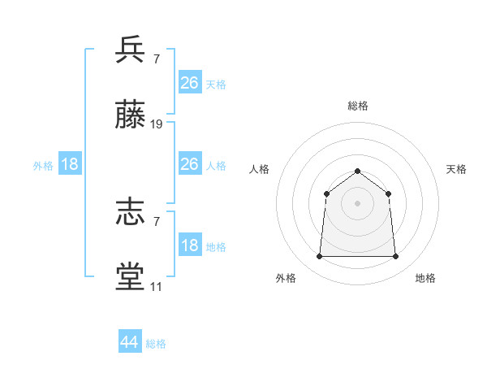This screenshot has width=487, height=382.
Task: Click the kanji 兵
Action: tap(131, 50)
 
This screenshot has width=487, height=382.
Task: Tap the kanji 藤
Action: tap(131, 117)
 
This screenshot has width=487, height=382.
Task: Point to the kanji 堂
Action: tap(131, 276)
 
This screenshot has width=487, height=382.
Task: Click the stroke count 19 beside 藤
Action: tap(157, 124)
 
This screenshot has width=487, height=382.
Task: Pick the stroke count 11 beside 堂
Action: tap(156, 287)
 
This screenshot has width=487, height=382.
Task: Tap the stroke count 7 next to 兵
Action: tap(156, 59)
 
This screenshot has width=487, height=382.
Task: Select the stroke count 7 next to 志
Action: tap(156, 222)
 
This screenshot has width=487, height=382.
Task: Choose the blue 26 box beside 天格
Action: tap(190, 83)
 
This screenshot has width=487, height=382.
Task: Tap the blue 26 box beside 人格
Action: tap(190, 164)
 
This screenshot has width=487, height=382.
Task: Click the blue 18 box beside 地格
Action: tap(190, 245)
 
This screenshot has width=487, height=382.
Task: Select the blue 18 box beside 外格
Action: tap(70, 164)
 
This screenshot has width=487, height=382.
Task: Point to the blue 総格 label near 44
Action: tap(156, 344)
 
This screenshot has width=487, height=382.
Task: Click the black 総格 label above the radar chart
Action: tap(357, 106)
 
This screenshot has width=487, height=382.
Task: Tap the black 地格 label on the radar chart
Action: tap(425, 278)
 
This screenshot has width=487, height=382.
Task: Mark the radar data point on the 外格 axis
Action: tap(319, 257)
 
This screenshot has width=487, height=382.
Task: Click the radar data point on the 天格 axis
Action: tap(388, 193)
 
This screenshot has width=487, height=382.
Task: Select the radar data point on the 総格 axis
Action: tap(357, 171)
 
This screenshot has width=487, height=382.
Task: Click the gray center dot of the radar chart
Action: tap(357, 203)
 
